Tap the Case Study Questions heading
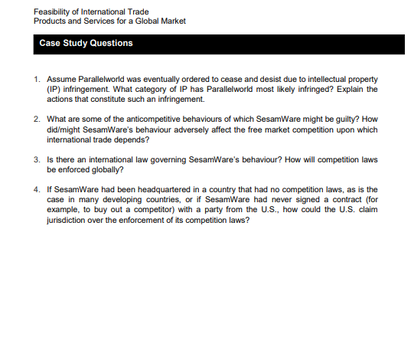coord(86,44)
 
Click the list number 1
coord(37,80)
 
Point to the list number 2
coord(37,120)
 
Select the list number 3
coord(37,160)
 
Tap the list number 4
coord(37,189)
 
